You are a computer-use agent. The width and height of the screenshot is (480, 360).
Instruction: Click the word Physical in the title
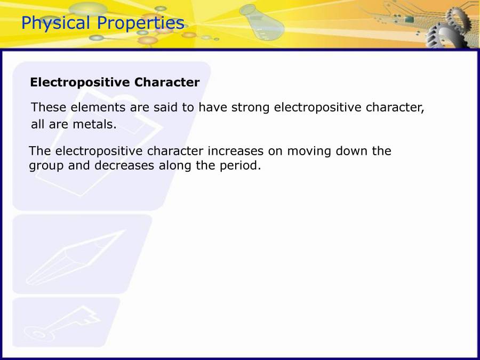55,23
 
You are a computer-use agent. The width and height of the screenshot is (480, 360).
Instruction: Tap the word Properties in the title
141,23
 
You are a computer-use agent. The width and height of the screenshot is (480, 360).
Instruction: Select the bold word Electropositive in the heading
80,83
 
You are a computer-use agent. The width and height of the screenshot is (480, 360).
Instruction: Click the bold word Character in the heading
167,82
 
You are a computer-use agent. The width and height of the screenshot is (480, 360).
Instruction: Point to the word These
49,107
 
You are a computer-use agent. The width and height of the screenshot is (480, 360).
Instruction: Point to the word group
46,166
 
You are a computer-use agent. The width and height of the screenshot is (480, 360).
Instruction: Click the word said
165,107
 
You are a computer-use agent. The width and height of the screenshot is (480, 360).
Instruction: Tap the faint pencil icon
76,257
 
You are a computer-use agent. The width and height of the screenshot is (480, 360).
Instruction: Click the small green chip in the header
409,20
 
